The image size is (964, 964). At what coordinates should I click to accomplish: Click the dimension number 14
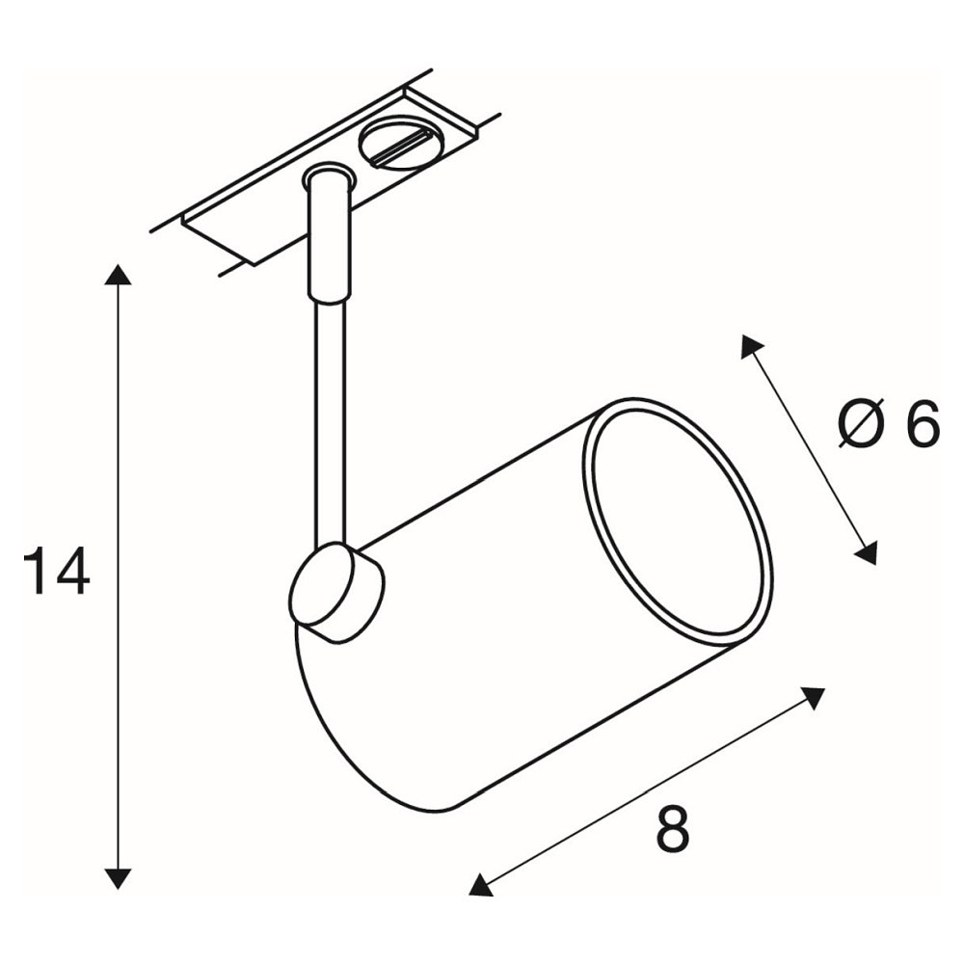coord(57,571)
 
